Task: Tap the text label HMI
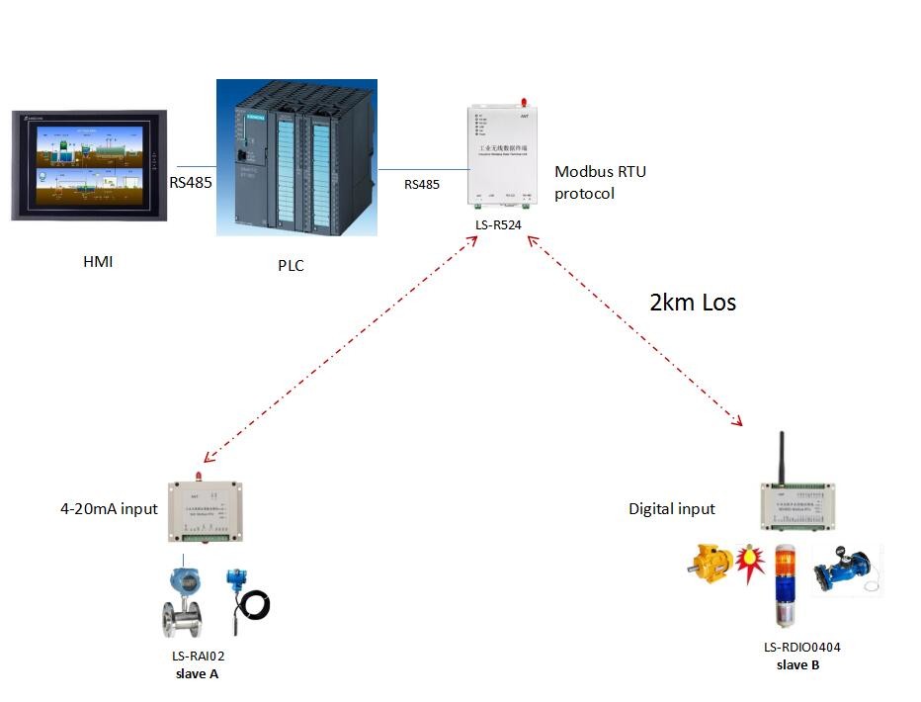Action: click(x=98, y=262)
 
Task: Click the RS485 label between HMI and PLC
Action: click(x=191, y=182)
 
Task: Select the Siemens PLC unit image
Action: click(x=296, y=158)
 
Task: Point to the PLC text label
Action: click(x=291, y=264)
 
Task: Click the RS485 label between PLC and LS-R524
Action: click(x=422, y=184)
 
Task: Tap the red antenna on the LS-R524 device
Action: click(x=524, y=102)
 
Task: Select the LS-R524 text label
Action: click(x=499, y=225)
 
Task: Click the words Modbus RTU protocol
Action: click(x=600, y=183)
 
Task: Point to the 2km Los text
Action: click(x=692, y=303)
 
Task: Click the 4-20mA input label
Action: click(x=109, y=509)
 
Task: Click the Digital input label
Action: click(x=672, y=509)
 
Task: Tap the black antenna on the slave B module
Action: click(x=783, y=457)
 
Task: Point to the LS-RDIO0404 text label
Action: click(x=801, y=648)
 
